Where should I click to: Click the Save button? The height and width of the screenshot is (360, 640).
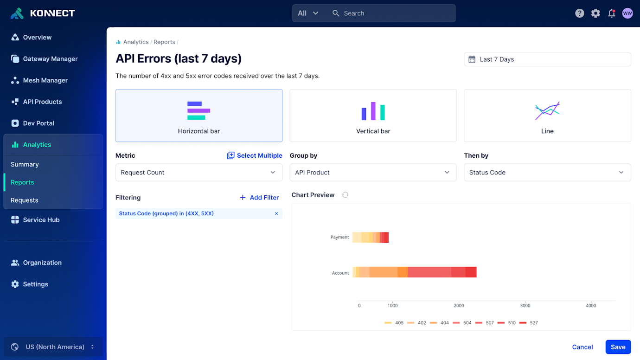point(618,347)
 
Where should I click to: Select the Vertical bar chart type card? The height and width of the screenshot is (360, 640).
point(373,116)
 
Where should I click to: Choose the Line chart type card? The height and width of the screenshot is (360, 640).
point(547,116)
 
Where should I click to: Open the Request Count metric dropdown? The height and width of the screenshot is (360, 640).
point(198,173)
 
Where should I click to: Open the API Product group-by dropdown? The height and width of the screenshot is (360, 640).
point(373,173)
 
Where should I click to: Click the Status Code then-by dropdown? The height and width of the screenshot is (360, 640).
point(547,173)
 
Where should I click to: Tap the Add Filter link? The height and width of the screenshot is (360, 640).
point(259,198)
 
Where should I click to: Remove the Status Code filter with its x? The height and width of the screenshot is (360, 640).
point(276,214)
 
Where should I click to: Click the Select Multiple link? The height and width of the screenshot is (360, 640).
point(255,155)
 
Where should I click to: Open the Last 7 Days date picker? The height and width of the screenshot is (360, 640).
point(547,59)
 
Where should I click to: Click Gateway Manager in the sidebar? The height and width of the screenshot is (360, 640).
point(50,59)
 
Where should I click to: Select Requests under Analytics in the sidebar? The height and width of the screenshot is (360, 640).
point(25,200)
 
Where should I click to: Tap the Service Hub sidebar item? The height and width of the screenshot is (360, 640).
point(41,220)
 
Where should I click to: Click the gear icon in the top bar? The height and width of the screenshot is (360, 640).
point(595,13)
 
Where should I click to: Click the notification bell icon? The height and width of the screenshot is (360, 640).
point(612,13)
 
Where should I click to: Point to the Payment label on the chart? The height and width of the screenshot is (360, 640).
point(339,237)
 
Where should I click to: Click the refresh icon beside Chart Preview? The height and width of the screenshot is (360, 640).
point(345,195)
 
